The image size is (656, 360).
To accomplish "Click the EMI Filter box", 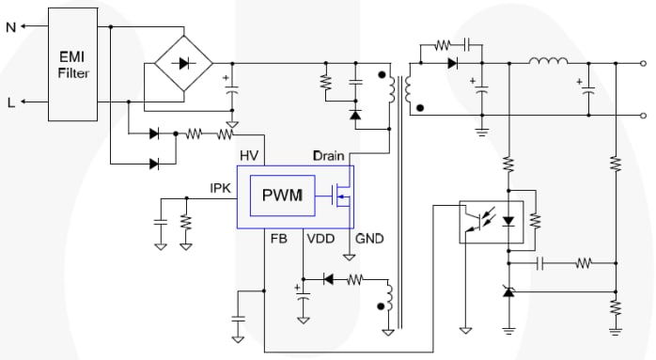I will [x=72, y=64].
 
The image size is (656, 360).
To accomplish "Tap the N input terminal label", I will [x=10, y=26].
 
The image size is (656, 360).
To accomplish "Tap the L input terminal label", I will [x=10, y=102].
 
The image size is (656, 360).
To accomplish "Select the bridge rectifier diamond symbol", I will [x=182, y=64].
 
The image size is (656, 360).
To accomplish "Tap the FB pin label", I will [x=278, y=240].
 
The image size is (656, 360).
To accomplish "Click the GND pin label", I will [x=368, y=240].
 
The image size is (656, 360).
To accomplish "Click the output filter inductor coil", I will [x=548, y=64].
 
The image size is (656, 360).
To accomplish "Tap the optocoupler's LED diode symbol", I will [x=508, y=221].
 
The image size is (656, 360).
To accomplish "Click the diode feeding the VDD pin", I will [x=329, y=279].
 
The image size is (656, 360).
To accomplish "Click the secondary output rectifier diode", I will [x=452, y=64].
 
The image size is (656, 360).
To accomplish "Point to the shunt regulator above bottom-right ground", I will [x=508, y=294].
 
